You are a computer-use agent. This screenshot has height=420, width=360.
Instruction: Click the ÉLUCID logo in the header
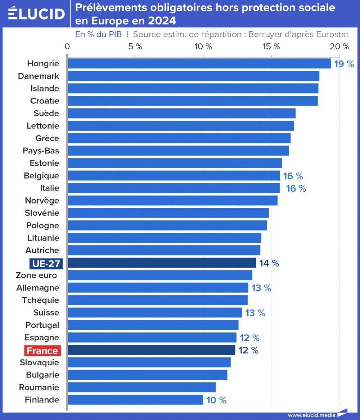point(36,14)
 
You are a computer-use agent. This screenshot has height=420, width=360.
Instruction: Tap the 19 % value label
point(344,64)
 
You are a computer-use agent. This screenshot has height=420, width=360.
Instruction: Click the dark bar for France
point(151,350)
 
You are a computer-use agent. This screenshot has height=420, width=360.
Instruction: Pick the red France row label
point(42,350)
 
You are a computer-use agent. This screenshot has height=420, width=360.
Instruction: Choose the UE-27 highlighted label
point(46,264)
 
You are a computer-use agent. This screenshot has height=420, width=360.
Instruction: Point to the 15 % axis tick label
point(271,46)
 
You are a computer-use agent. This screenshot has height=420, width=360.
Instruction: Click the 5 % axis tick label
point(135,46)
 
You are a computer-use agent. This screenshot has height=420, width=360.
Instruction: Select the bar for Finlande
point(135,400)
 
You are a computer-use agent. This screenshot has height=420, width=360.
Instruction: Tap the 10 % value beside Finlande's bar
point(216,400)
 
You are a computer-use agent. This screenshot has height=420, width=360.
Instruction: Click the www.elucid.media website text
point(311,415)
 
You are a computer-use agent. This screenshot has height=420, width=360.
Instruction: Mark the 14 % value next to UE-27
point(269,263)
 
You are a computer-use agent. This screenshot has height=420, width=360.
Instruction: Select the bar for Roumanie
point(141,387)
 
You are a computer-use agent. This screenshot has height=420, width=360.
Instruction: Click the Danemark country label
point(39,76)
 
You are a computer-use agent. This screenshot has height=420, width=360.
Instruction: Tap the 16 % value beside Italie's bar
point(296,188)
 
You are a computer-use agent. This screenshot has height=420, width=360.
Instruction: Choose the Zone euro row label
point(37,275)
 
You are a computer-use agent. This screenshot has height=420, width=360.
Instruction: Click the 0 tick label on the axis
point(67,46)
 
